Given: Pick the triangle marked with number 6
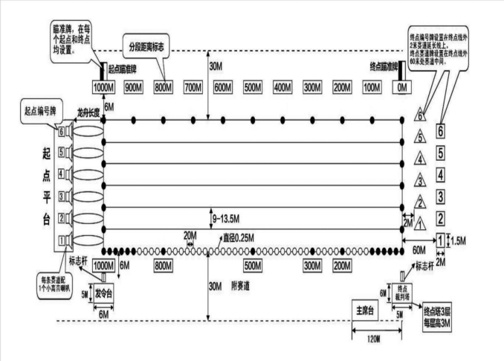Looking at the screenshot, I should (421, 116).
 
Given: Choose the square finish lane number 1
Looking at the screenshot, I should (441, 240).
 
